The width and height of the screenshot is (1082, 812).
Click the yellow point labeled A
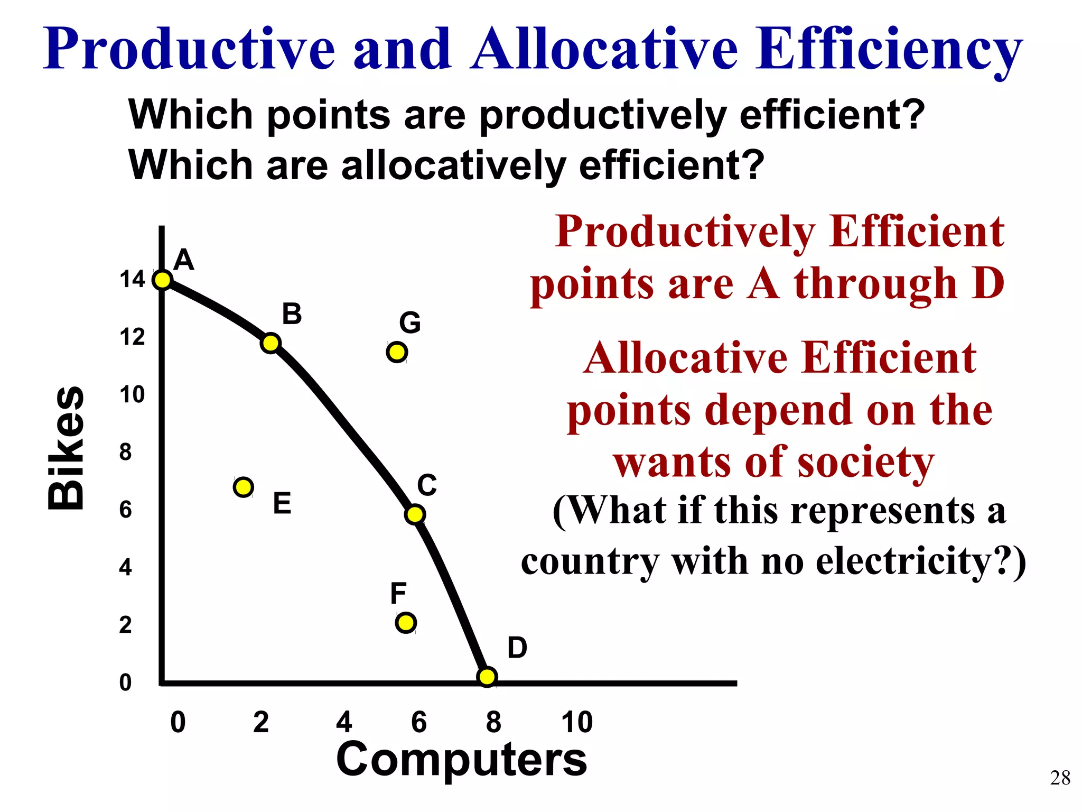pyautogui.click(x=163, y=280)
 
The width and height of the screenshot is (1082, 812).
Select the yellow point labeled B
pyautogui.click(x=270, y=343)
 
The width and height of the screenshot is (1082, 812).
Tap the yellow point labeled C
pyautogui.click(x=415, y=514)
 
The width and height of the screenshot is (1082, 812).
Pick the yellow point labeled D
pyautogui.click(x=487, y=676)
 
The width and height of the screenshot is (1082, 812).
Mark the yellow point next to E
pyautogui.click(x=243, y=486)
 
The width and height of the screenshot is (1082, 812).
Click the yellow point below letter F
pyautogui.click(x=406, y=623)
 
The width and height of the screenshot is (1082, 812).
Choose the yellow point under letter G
pyautogui.click(x=397, y=352)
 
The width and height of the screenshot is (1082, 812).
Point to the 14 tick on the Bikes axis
pyautogui.click(x=132, y=279)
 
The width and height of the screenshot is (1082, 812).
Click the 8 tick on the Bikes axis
pyautogui.click(x=125, y=452)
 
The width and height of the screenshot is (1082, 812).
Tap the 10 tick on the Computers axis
pyautogui.click(x=577, y=722)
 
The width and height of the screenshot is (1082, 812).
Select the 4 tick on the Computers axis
pyautogui.click(x=344, y=722)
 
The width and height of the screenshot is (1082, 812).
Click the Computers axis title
pyautogui.click(x=461, y=759)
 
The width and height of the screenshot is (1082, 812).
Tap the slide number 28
pyautogui.click(x=1060, y=778)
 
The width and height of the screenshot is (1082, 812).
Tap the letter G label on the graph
pyautogui.click(x=410, y=322)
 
